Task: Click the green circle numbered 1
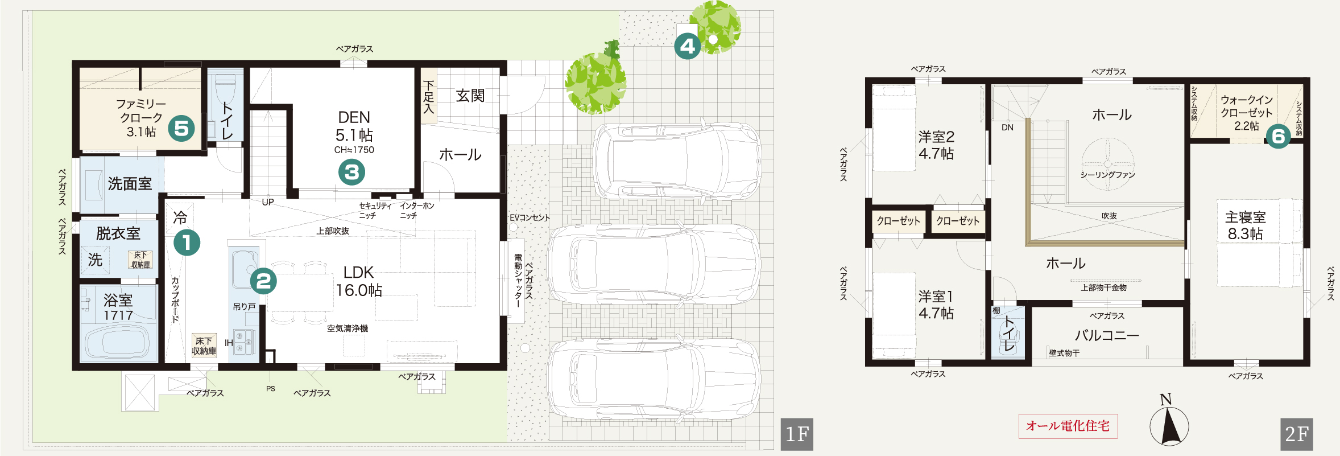[187, 243]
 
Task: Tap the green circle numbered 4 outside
[688, 46]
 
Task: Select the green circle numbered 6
[1278, 136]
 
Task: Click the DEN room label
[354, 117]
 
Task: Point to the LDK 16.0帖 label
[359, 281]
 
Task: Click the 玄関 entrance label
[470, 96]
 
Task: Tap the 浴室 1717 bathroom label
[118, 307]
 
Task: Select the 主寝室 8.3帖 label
[1245, 225]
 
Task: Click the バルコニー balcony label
[1107, 335]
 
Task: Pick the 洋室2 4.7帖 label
[936, 145]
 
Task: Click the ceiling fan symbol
[1107, 163]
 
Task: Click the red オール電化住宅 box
[1068, 426]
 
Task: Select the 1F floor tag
[797, 434]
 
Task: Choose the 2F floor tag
[1297, 434]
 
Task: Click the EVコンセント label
[530, 217]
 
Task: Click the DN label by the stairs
[1007, 128]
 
